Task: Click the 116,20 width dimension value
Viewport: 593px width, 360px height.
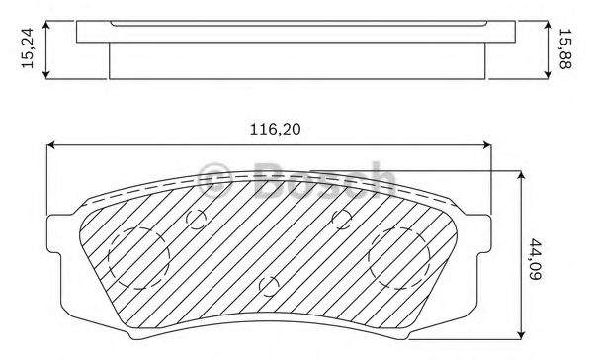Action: coord(275,130)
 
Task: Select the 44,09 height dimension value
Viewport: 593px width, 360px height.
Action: coord(535,259)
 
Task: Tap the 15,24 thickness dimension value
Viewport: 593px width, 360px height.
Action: coord(28,48)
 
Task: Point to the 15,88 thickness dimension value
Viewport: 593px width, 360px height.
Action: coord(565,48)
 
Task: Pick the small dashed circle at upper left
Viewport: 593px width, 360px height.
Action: coord(196,219)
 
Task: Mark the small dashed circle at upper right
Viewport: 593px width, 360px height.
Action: coord(342,219)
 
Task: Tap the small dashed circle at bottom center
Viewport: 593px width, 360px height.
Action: coord(269,286)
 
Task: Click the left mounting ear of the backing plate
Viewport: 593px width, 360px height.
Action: coord(53,234)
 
